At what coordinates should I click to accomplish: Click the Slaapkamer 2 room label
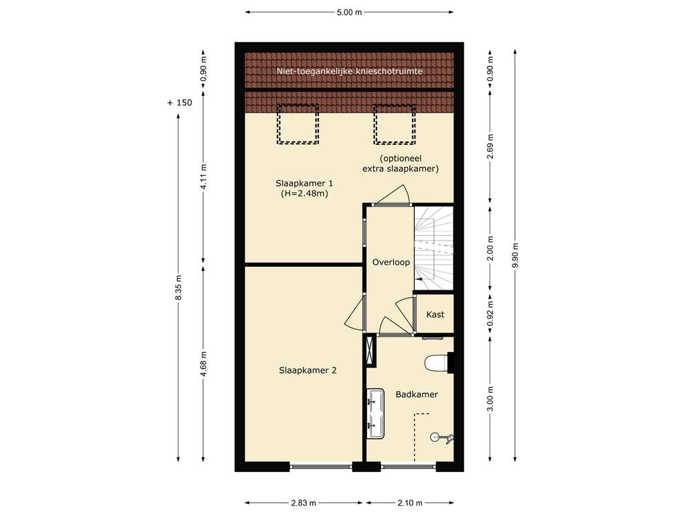(307, 370)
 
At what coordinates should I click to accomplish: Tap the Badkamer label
(417, 394)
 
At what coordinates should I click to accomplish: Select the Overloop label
(391, 262)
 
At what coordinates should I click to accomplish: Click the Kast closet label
(435, 314)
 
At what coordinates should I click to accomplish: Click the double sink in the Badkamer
(375, 414)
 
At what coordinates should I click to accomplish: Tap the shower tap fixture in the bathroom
(442, 437)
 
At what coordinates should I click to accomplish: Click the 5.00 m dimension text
(349, 12)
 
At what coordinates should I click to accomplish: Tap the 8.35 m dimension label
(178, 288)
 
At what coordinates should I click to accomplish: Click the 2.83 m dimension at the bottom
(303, 503)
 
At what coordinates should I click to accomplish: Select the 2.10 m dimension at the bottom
(409, 503)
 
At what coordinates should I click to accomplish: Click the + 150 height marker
(180, 103)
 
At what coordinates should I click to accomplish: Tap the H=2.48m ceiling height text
(304, 194)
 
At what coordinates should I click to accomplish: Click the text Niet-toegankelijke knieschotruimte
(350, 71)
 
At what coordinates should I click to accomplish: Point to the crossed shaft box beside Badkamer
(370, 350)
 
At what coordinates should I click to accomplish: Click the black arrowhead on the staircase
(419, 278)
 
